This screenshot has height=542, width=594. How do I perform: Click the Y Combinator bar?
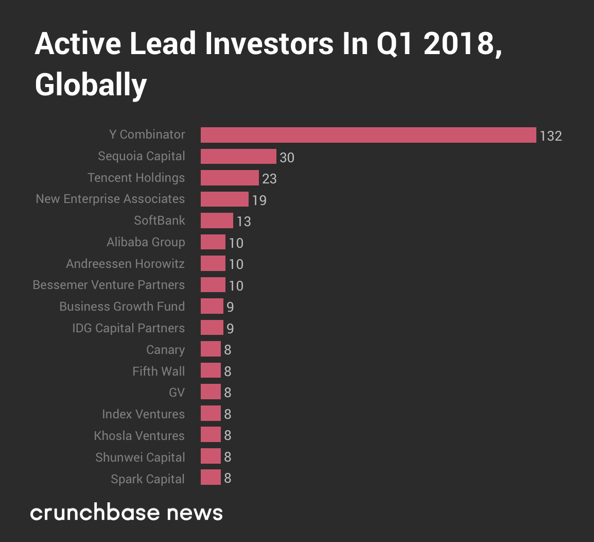coord(368,135)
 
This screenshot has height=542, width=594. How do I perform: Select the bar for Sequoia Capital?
coord(238,157)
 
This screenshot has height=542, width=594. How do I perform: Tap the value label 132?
coord(550,136)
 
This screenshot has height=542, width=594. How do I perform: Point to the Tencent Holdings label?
coord(136,178)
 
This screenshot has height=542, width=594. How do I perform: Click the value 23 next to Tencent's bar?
coord(269,179)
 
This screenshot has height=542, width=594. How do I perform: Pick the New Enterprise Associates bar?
coord(224,199)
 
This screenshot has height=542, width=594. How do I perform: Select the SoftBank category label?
coord(159,221)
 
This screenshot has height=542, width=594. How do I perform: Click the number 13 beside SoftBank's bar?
coord(243,222)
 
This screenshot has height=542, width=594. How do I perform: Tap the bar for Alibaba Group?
coord(213,242)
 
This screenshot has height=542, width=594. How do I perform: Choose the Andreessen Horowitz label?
coord(125,264)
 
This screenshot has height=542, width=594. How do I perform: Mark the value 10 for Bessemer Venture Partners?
coord(236,286)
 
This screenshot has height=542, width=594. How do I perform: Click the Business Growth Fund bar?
coord(212,307)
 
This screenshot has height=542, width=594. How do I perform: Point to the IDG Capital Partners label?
coord(128,328)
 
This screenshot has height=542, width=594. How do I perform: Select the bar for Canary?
coord(211,349)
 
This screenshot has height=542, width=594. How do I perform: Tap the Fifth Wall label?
coord(158,371)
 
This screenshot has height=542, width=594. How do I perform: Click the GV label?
coord(177,393)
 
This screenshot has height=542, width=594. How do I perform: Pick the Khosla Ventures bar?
coord(211,435)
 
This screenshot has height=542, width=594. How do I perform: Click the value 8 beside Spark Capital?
coord(228,479)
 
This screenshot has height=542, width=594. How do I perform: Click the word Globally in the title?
coord(91,85)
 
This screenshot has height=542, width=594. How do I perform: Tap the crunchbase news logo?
coord(126,513)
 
